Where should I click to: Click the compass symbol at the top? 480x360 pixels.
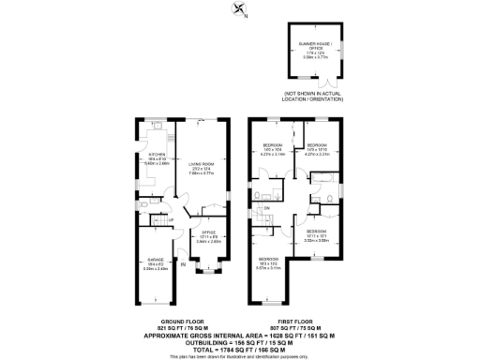pos(240,11)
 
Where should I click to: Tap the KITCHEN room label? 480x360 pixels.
pos(157,156)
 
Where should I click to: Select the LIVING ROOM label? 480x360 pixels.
pos(202,163)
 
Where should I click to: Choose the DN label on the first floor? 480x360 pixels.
pos(266,207)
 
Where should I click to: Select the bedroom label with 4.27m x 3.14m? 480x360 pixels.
pos(272,147)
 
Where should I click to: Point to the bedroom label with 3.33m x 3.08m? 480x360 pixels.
pos(316,231)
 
